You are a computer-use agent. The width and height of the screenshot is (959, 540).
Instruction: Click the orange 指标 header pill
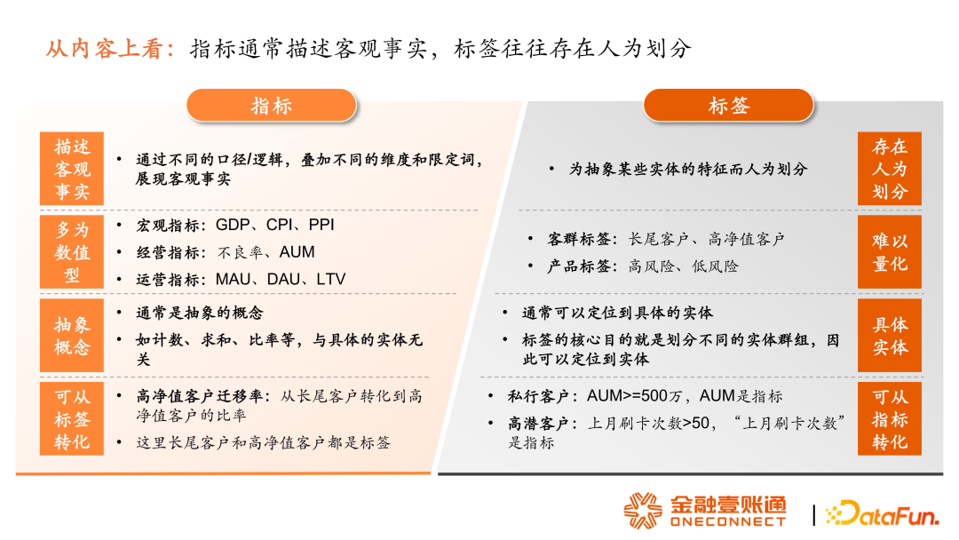click(271, 105)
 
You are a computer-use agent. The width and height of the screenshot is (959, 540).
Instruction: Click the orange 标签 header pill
click(728, 105)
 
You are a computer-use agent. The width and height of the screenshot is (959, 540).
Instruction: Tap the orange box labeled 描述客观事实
click(72, 169)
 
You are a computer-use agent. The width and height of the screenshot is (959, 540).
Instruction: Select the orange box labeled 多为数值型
click(72, 252)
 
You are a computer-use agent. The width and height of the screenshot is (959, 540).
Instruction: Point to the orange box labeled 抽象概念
click(72, 335)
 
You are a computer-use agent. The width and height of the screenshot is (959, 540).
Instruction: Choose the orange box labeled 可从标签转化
click(72, 419)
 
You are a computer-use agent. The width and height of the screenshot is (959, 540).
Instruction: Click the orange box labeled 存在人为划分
click(889, 169)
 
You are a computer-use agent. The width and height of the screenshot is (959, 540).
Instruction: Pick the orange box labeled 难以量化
click(889, 252)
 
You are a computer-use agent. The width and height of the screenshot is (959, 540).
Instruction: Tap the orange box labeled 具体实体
click(889, 335)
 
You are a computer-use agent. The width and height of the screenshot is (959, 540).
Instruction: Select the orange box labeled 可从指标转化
click(889, 419)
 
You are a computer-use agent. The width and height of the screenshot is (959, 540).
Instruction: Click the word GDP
click(233, 225)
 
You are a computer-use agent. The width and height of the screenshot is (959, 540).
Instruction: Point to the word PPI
click(321, 225)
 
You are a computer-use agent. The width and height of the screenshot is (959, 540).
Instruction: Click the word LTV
click(331, 280)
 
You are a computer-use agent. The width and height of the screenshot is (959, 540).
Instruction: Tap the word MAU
click(233, 280)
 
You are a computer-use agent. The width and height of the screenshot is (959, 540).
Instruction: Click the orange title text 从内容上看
click(104, 49)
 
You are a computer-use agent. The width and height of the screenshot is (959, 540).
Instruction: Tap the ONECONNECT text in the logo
click(728, 521)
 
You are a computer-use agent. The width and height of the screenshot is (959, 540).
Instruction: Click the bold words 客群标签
click(578, 239)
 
